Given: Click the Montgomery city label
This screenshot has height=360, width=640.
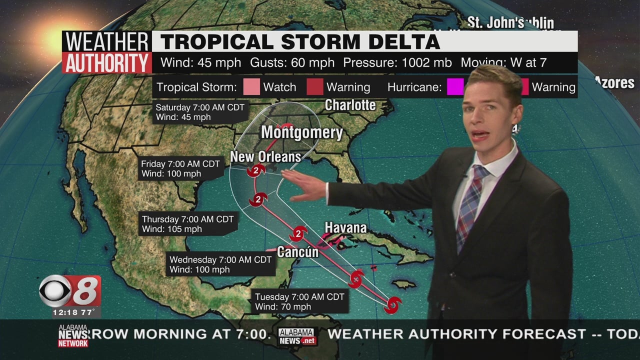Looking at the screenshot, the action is tap(301, 132).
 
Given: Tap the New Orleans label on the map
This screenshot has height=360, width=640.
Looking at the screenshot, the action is tap(265, 157).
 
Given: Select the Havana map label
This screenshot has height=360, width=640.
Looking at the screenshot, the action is tap(345, 228).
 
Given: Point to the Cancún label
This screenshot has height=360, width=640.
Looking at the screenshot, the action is tap(297, 251).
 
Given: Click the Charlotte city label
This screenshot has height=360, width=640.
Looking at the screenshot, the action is tap(350, 105).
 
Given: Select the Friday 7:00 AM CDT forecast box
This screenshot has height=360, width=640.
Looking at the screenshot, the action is tap(180, 169).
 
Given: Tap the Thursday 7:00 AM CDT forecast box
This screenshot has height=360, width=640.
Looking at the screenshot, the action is tap(187, 224).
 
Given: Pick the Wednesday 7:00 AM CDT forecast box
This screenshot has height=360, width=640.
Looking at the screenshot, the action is tap(220, 264).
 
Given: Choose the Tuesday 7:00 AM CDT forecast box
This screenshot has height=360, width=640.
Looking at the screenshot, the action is tap(299, 301).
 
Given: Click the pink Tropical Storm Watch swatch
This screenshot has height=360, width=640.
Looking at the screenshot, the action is tap(251, 87).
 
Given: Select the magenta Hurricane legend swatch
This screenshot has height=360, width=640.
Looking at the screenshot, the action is tap(455, 87).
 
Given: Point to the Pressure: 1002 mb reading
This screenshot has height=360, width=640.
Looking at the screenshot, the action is tap(397, 63).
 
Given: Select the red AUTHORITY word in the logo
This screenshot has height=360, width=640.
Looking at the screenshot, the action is tap(107, 63).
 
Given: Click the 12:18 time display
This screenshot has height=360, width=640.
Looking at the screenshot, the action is tap(63, 313).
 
